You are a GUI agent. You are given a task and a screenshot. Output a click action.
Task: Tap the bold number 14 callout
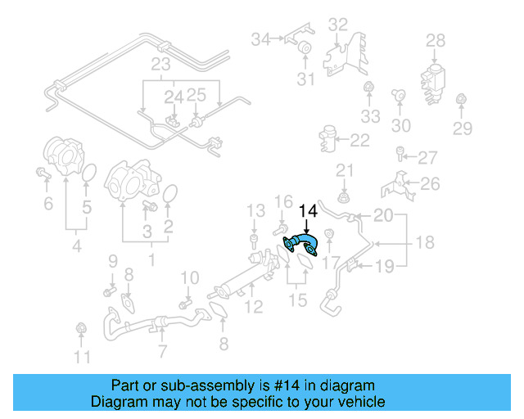click(307, 211)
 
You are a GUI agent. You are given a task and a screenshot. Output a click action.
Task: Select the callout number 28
click(436, 40)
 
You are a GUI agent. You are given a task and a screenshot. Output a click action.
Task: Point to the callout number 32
click(338, 25)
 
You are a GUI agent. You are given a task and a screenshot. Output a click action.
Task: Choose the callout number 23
click(160, 63)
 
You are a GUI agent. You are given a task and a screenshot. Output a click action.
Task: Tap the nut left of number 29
click(460, 101)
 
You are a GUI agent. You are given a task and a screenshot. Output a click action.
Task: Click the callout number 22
click(360, 140)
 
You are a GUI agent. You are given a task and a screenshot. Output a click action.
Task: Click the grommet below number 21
click(344, 198)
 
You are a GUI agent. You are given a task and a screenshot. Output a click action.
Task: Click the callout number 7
click(163, 352)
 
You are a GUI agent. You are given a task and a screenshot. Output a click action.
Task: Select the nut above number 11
click(81, 329)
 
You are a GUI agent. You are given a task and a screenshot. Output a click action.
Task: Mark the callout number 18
click(424, 243)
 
